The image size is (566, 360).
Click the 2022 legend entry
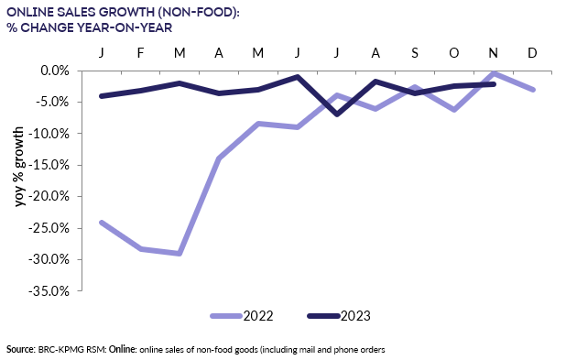click(242, 316)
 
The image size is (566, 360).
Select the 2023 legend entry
click(338, 316)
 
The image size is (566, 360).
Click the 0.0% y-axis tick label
click(52, 70)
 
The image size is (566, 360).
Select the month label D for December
click(532, 51)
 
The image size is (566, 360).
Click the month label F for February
click(140, 51)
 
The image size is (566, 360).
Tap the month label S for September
click(415, 51)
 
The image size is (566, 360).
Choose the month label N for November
click(493, 51)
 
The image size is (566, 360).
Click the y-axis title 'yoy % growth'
click(19, 167)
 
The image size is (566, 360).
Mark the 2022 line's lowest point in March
click(180, 253)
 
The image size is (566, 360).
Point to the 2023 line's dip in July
click(337, 115)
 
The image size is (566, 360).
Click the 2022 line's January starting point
click(101, 222)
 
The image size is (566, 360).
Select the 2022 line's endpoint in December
click(533, 89)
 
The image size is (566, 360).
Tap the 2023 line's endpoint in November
click(494, 84)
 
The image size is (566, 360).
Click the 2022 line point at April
click(219, 158)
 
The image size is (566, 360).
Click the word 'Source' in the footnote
click(19, 350)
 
